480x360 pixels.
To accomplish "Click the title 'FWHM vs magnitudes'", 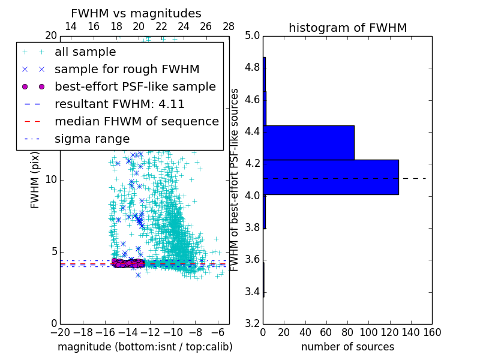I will pyautogui.click(x=136, y=13).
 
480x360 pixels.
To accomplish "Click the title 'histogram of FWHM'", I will pyautogui.click(x=347, y=28).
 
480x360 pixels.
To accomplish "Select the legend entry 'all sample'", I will pyautogui.click(x=85, y=52).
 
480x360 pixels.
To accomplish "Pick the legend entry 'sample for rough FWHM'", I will pyautogui.click(x=127, y=70).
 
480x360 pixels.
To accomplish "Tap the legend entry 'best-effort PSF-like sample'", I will pyautogui.click(x=135, y=87).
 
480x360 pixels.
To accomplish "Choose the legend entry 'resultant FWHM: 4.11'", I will pyautogui.click(x=119, y=104).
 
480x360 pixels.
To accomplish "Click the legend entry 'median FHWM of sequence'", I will pyautogui.click(x=136, y=122).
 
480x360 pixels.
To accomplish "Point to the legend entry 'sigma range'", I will pyautogui.click(x=92, y=139).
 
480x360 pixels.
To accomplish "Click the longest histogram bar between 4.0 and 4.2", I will pyautogui.click(x=331, y=177).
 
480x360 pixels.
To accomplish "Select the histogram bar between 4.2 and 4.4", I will pyautogui.click(x=308, y=142).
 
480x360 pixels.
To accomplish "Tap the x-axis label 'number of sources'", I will pyautogui.click(x=347, y=347).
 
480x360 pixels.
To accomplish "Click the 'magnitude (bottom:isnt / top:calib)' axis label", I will pyautogui.click(x=145, y=347).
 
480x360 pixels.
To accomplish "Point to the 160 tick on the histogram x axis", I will pyautogui.click(x=431, y=332).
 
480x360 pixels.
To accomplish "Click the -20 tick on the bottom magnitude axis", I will pyautogui.click(x=60, y=332).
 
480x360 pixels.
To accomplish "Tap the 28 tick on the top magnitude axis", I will pyautogui.click(x=229, y=27).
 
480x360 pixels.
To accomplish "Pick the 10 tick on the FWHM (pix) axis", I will pyautogui.click(x=50, y=180).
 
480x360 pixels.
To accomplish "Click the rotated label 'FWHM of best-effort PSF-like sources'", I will pyautogui.click(x=235, y=179).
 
